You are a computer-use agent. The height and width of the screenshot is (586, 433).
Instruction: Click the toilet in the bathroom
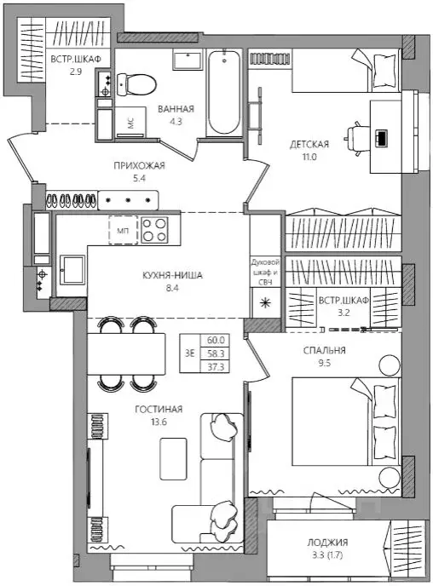pos(136,84)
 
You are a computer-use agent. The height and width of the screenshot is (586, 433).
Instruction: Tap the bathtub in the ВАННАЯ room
pos(224,92)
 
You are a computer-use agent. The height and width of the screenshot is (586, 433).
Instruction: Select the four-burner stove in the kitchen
pos(154,230)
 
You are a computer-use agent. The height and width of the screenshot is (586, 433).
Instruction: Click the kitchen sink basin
pos(72,269)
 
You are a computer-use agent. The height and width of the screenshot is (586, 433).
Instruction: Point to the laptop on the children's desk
pos(381,138)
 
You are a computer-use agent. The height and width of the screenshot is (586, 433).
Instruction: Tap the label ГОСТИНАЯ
pos(159,409)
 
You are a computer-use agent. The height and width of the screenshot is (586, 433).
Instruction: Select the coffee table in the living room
pos(173,459)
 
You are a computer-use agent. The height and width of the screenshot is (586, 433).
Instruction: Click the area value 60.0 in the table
pos(216,340)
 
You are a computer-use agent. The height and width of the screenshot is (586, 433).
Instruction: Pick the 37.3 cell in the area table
pos(216,367)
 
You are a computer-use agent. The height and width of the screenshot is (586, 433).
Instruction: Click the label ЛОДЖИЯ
pos(327,543)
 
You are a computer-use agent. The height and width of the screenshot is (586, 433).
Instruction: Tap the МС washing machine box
pos(130,123)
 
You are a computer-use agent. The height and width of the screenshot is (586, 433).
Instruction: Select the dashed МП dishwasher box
pos(123,230)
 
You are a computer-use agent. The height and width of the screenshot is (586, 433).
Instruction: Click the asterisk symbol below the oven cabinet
pos(265,302)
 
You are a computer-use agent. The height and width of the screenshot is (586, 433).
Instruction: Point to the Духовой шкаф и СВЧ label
pos(265,272)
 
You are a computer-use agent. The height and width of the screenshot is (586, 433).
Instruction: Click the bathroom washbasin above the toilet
pos(188,60)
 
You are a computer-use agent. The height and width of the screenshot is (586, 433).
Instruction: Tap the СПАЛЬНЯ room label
pos(324,351)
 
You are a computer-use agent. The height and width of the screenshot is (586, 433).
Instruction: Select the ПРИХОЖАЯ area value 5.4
pos(139,178)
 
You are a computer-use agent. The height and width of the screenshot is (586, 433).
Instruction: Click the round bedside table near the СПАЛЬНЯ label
pos(389,365)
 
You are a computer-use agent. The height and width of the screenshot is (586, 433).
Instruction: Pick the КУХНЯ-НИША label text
pos(172,275)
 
